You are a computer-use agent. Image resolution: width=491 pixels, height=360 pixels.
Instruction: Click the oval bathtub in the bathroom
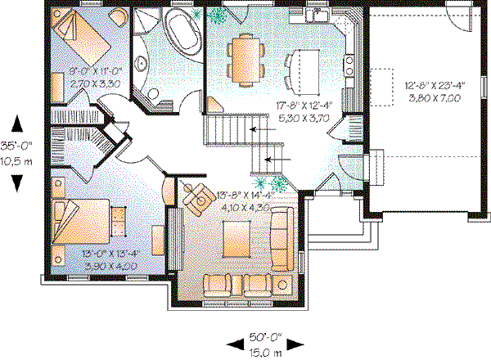(181, 32)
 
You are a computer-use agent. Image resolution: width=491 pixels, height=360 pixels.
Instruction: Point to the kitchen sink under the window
(314, 16)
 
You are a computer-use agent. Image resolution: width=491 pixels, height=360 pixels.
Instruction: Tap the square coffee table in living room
(238, 239)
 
